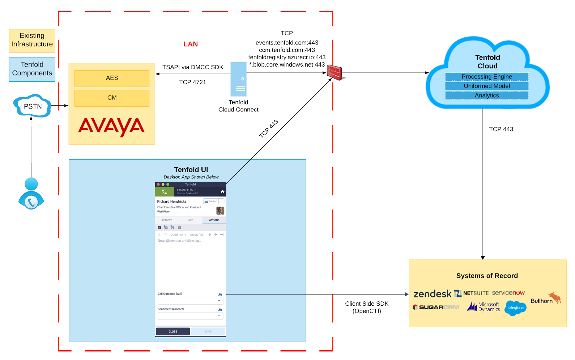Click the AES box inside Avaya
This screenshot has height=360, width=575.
click(x=112, y=78)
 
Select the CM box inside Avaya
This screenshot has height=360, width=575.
click(x=112, y=98)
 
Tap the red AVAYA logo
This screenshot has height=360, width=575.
click(x=111, y=126)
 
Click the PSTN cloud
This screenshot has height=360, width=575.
click(x=32, y=106)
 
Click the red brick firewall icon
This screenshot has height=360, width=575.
click(x=335, y=73)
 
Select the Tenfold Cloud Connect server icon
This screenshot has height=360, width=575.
click(x=238, y=79)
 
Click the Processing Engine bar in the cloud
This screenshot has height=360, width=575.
click(x=486, y=77)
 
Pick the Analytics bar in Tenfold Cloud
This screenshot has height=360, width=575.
click(x=486, y=96)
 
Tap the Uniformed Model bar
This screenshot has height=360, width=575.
click(x=486, y=86)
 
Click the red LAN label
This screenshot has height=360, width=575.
click(x=190, y=44)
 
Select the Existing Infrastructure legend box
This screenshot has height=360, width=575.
click(x=32, y=40)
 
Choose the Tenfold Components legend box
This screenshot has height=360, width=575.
click(x=32, y=69)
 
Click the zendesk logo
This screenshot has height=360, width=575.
click(x=432, y=294)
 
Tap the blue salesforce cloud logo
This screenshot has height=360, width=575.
click(x=515, y=308)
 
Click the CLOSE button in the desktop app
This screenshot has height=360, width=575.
click(x=173, y=331)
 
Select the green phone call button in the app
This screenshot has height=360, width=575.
click(x=165, y=192)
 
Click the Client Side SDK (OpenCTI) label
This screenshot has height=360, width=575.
click(x=367, y=307)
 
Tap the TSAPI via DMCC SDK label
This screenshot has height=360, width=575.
click(x=192, y=67)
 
